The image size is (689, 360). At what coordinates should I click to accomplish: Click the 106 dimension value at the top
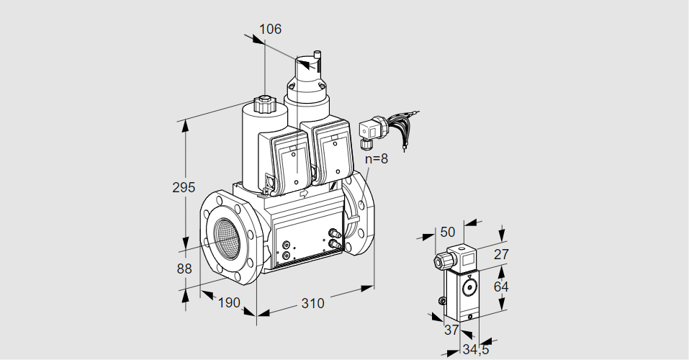coord(270,30)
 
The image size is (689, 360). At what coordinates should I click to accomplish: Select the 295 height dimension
coord(184,188)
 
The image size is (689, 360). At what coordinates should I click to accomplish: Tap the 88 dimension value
coord(184,269)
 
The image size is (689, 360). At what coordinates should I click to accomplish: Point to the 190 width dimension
coord(228,303)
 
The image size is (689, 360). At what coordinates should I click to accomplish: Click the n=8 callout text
coord(376,159)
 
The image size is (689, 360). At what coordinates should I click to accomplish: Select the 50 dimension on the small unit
coord(447,232)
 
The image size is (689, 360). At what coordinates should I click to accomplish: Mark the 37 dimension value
coord(451,330)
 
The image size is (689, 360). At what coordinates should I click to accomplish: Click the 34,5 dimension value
coord(475,350)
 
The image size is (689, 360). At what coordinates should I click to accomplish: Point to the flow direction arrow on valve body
coord(305,193)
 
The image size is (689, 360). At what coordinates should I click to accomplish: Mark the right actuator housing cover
coord(333,155)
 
